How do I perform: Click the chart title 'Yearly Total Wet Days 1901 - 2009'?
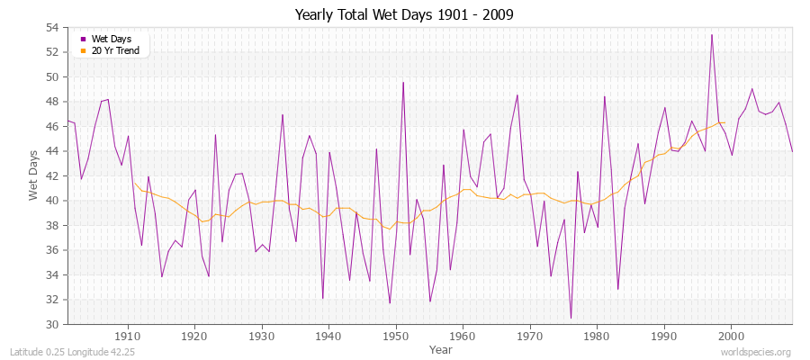coord(404,15)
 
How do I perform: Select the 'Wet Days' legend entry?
coord(110,39)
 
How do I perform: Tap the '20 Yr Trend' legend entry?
coord(115,50)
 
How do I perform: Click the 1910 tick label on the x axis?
coord(128,336)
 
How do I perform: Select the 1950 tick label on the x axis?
coord(395,336)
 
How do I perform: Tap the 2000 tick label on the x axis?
coord(730,336)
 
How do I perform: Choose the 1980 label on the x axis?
coord(596,336)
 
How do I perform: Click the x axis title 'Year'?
coord(441,348)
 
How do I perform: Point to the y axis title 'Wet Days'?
coord(34,176)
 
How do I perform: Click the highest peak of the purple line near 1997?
coord(712,35)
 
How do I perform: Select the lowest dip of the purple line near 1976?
coord(571,318)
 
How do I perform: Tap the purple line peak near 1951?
coord(403,82)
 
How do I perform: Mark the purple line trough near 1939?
coord(322,298)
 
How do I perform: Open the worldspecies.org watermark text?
coord(756,352)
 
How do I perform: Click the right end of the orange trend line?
coord(724,122)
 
